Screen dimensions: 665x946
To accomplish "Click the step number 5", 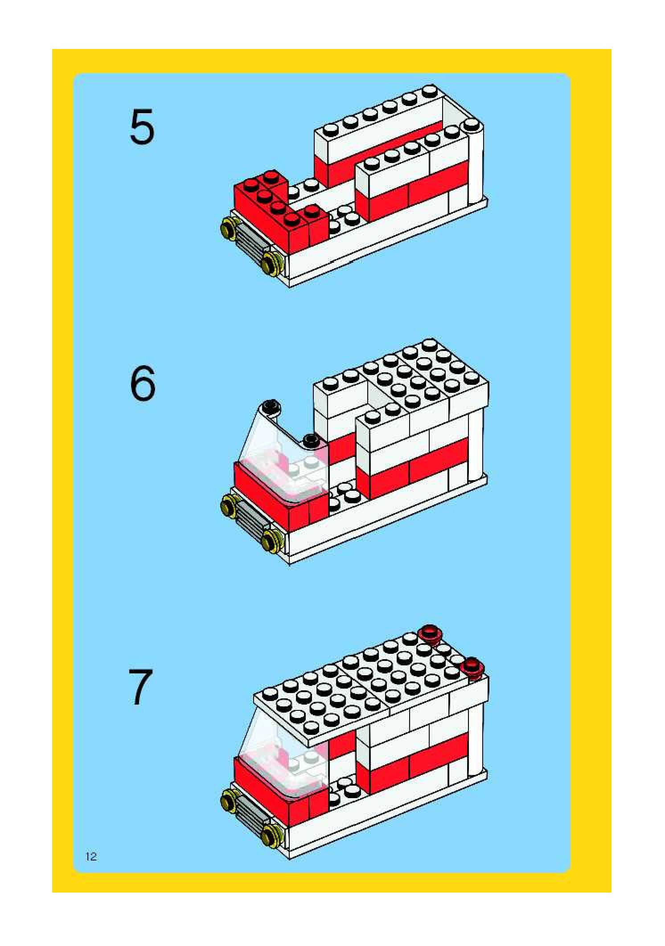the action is click(142, 127).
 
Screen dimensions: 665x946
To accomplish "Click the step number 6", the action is click(143, 383).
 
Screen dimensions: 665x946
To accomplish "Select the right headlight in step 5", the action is click(270, 262).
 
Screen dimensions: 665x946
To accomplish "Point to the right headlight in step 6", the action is click(271, 540).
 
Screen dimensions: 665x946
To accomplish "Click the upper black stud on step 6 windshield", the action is click(270, 406).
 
